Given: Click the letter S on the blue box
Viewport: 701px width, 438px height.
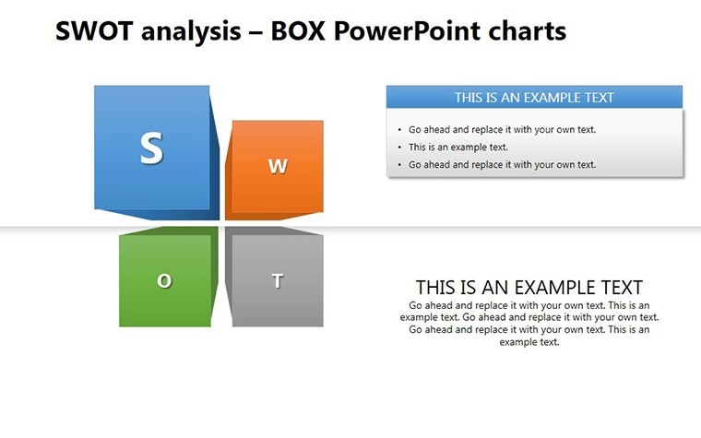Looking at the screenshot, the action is point(151,148).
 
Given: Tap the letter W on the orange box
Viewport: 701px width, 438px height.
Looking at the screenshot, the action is point(278,166).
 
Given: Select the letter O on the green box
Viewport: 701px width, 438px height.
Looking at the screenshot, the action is point(164,280).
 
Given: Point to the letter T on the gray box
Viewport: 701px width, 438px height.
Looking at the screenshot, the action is point(278,280).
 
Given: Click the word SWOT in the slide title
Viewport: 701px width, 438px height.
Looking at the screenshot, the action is point(94,31).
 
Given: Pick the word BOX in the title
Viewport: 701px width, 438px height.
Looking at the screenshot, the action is point(298,31).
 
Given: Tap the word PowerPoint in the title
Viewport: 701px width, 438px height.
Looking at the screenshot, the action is point(407,32).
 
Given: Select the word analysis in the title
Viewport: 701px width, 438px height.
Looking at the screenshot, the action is point(191,32).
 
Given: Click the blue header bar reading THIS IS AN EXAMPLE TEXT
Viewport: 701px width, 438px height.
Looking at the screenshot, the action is point(534,97).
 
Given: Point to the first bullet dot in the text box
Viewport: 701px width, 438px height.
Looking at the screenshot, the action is point(399,130).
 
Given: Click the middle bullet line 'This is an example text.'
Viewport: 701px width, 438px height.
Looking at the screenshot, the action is point(457,147).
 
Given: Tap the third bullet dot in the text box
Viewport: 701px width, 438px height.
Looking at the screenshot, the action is point(399,165).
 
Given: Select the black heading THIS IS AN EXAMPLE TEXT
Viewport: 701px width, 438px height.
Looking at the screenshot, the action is point(529,288).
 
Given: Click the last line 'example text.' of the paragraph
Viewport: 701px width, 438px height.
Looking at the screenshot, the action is point(529,342).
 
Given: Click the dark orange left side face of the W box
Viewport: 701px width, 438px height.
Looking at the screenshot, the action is point(229,174).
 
